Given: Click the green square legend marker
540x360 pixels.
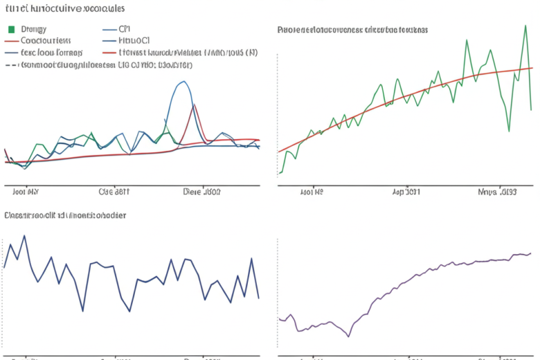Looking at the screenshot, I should coord(10,30).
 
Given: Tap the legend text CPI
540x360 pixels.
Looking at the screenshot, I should coord(124,30).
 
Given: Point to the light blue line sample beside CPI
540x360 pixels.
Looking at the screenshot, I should coord(109,30).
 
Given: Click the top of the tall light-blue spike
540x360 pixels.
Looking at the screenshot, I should coord(182,82).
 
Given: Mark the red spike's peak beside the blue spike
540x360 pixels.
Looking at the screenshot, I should coord(195,105).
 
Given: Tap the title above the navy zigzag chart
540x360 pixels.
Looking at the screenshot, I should coord(65,215).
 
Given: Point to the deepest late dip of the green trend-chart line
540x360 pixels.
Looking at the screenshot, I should coord(509,130).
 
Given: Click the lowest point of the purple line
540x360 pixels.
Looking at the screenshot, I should coord(349,336).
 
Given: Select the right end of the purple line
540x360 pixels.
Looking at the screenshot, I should coord(531,253).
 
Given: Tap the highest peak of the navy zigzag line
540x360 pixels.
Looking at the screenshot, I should coord(25,235).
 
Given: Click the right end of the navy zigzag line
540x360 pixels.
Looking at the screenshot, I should coord(259,298).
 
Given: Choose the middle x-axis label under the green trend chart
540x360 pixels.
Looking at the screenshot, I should coord(405,192).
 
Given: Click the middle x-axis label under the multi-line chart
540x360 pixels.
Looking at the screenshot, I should coord(114,192).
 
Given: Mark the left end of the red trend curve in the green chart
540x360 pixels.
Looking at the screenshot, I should coord(278,152).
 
